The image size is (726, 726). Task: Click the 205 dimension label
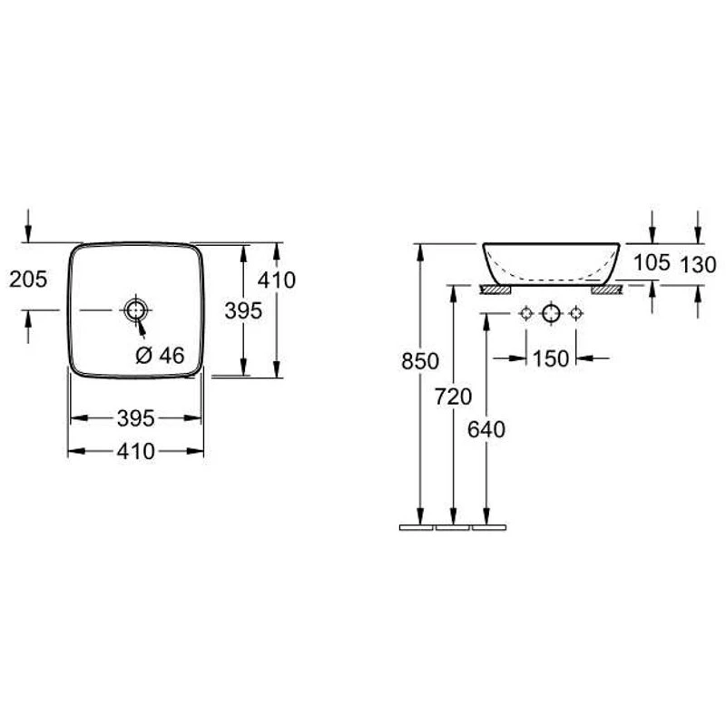tap(28, 280)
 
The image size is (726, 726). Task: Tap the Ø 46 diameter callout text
tap(161, 355)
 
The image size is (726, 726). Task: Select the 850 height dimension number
tap(420, 361)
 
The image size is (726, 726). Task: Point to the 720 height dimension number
tap(453, 397)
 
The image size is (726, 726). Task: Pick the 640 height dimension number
tap(486, 429)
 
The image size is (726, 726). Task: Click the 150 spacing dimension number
tap(551, 358)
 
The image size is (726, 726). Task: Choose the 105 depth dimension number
tap(652, 262)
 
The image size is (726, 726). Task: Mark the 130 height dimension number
tap(698, 265)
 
